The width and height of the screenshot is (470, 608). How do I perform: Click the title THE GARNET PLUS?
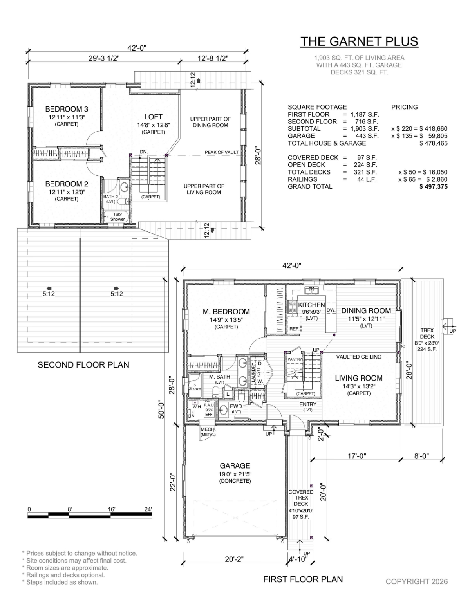point(359,41)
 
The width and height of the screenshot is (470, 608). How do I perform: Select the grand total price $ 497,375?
point(433,187)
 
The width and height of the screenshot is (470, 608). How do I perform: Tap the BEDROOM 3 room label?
point(67,109)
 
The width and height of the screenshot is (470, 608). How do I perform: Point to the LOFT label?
point(154,117)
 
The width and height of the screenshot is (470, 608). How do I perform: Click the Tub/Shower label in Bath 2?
point(117,217)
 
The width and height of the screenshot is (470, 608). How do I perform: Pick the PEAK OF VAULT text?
point(222,152)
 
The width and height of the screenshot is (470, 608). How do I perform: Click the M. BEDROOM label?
point(226,311)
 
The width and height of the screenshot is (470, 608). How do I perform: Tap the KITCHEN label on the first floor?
point(311,305)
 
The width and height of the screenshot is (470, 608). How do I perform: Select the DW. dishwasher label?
point(331,310)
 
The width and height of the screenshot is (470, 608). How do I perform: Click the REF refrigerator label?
point(294,329)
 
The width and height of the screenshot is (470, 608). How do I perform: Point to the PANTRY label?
point(295,359)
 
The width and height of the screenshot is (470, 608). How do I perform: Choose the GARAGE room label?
point(235,465)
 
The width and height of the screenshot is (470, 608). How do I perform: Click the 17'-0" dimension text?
point(357,456)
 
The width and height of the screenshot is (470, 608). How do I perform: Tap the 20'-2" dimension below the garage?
point(234,559)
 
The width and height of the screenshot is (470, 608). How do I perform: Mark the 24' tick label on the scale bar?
point(148,509)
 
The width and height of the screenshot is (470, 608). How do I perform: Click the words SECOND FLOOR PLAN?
point(83,365)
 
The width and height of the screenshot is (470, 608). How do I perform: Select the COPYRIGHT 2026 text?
point(416,581)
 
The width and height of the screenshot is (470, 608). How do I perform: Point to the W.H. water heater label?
point(197,407)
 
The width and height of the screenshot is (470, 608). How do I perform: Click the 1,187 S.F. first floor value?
point(365,114)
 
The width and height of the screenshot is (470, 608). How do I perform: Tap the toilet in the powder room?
point(241,395)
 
